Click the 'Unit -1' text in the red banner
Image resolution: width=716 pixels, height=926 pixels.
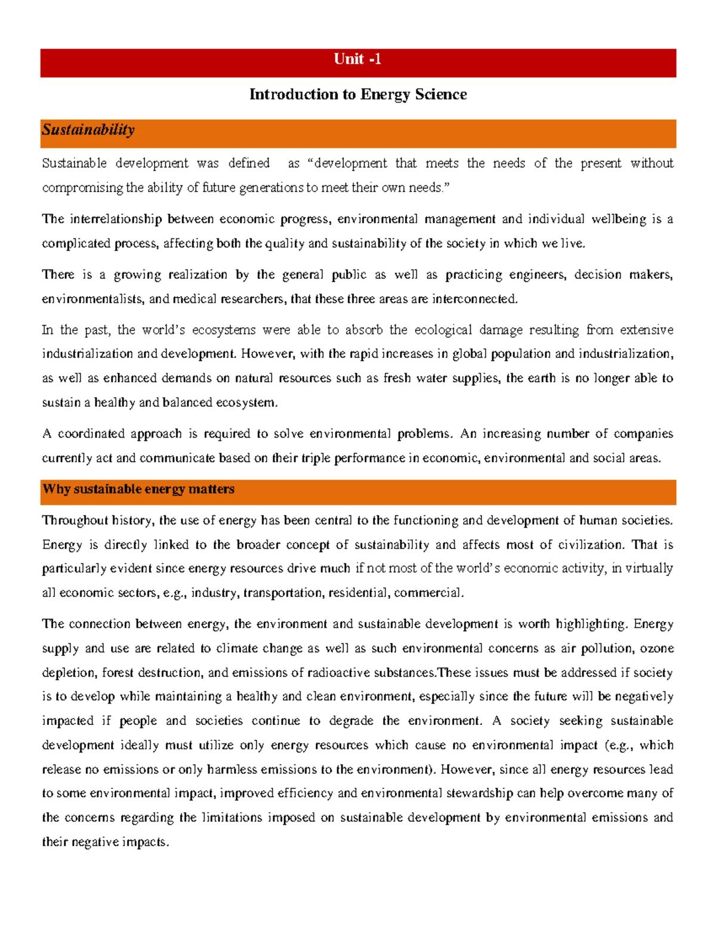click(x=357, y=59)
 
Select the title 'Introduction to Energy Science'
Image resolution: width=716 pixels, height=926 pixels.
click(x=357, y=94)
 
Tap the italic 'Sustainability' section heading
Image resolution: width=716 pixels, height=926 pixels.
click(x=88, y=130)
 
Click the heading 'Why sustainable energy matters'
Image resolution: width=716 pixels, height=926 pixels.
click(x=138, y=489)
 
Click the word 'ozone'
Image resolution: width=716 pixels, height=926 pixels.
click(x=657, y=649)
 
